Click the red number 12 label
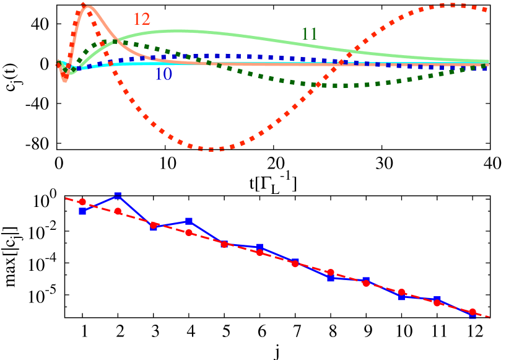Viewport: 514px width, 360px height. (142, 19)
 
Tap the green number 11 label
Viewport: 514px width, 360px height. (310, 33)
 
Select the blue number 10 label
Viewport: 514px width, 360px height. (163, 74)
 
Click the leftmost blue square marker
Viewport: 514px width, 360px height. (82, 211)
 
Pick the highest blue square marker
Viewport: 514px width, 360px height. (118, 196)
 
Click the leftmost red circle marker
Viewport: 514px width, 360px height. (82, 202)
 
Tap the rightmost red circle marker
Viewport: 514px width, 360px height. (473, 312)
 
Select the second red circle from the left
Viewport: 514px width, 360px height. (118, 211)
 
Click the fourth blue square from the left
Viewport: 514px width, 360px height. (189, 221)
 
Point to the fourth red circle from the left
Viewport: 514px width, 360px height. (189, 232)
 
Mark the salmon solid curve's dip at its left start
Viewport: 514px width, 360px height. (65, 81)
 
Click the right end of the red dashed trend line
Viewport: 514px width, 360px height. (490, 317)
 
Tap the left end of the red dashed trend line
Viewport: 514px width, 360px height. (66, 198)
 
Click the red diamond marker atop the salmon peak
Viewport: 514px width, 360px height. (83, 5)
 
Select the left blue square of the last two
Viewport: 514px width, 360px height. (437, 300)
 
